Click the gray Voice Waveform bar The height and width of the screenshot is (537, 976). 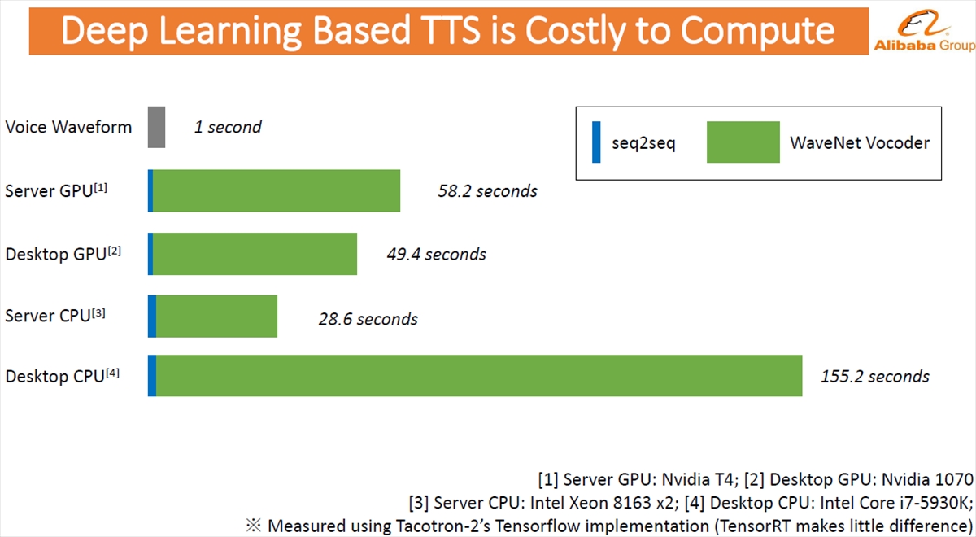pos(156,127)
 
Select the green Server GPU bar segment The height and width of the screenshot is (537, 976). pos(277,190)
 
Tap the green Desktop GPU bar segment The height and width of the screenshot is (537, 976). pos(255,254)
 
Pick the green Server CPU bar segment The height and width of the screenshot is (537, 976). pos(216,316)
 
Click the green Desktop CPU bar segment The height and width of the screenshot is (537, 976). pos(479,376)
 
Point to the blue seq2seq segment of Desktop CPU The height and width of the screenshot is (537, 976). pos(152,376)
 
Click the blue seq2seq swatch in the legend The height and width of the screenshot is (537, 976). pos(596,142)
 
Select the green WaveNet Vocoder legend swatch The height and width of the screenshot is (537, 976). pos(743,142)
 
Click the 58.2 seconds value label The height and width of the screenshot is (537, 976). pos(487,191)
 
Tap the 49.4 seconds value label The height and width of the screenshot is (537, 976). pos(437,254)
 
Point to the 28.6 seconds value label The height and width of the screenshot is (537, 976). pos(368,319)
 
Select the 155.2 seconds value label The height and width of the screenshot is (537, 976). pos(875,376)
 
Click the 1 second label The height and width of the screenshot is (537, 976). pos(228,127)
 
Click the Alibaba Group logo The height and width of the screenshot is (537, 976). pos(924,31)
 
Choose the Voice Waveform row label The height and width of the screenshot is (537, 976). pos(68,127)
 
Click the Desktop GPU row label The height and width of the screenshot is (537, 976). pos(63,254)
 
